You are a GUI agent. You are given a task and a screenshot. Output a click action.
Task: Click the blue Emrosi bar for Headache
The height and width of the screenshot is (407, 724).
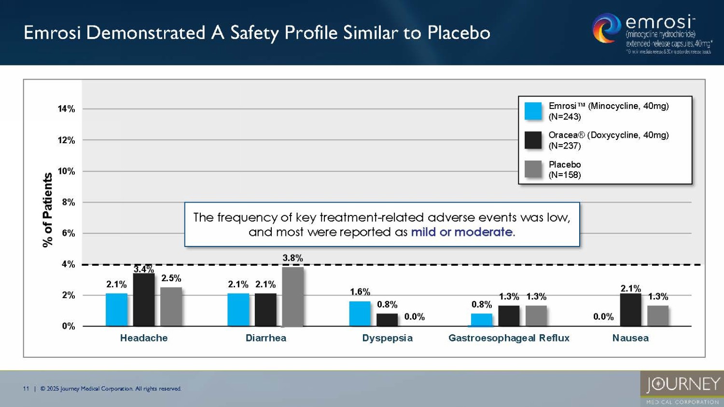[116, 310]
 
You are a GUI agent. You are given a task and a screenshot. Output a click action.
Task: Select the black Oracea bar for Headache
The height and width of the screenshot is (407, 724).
[144, 300]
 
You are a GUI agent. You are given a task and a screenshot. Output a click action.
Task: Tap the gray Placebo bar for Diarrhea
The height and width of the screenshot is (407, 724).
[292, 297]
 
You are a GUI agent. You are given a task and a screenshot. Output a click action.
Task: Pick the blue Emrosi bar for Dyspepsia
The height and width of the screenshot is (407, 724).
[360, 313]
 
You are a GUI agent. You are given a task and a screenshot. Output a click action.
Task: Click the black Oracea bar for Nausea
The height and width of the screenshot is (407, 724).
[630, 310]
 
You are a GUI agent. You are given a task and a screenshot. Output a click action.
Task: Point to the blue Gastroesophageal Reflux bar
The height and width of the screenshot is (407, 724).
[481, 320]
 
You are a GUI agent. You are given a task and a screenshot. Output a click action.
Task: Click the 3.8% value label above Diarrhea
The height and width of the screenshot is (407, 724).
[292, 258]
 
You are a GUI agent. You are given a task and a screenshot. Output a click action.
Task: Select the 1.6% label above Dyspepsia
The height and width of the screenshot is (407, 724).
[360, 292]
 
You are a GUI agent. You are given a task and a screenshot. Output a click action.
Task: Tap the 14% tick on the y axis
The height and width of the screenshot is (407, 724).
[67, 109]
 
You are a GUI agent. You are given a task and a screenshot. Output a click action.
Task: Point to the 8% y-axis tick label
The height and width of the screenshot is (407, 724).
[69, 203]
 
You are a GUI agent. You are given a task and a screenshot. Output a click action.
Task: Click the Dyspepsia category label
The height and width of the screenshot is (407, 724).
[387, 338]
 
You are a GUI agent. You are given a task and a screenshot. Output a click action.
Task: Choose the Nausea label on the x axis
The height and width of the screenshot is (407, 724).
[630, 338]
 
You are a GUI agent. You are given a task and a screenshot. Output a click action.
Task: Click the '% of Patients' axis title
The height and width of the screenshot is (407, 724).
[47, 210]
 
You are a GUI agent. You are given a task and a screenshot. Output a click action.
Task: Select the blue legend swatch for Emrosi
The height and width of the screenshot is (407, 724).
[533, 111]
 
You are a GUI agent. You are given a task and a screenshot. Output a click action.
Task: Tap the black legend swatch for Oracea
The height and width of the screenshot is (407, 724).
[533, 140]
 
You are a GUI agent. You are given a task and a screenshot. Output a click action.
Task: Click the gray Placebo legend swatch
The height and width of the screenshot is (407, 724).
[533, 169]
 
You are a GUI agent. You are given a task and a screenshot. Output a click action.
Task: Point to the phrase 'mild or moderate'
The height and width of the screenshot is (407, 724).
[462, 232]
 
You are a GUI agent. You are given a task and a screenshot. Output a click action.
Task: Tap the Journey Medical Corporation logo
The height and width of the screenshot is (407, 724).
[682, 388]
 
